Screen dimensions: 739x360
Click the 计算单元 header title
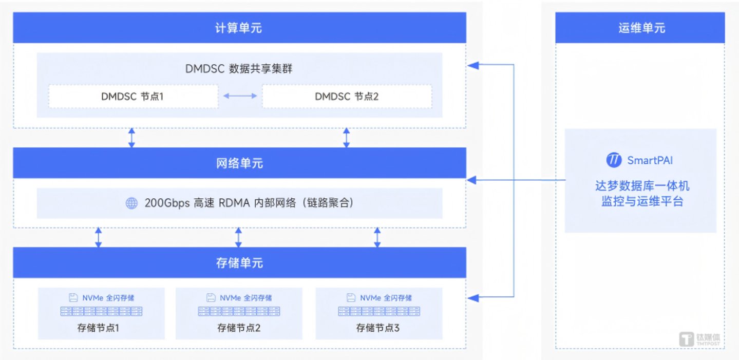pos(238,28)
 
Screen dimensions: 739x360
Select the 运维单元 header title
pos(641,28)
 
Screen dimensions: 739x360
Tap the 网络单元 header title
pos(239,163)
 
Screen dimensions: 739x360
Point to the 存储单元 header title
pos(239,262)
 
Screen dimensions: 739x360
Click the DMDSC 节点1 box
pos(134,97)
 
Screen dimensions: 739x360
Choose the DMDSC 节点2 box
pos(347,97)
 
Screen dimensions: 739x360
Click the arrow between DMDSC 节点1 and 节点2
pos(240,96)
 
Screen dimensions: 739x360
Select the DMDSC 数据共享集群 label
pos(238,69)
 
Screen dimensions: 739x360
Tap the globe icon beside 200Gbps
pos(131,203)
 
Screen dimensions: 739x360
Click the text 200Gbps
pos(167,203)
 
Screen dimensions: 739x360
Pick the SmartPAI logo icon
pos(614,160)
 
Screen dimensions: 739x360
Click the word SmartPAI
pos(650,160)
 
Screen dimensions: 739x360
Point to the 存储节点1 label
pos(98,328)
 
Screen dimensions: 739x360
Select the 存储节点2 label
pos(238,328)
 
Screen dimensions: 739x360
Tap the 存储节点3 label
pos(378,328)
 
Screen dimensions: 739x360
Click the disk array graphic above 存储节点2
pos(239,311)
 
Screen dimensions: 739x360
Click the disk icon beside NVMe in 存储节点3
pos(351,298)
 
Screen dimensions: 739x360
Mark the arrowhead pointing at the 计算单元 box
pos(473,65)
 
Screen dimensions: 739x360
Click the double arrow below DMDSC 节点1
pos(131,138)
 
